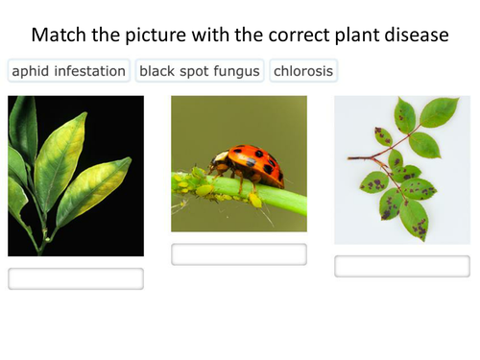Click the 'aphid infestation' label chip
pos(68,71)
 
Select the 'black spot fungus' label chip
pos(200,71)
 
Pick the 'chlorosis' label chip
pos(303,71)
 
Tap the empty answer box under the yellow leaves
pos(76,278)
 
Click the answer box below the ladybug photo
pos(239,254)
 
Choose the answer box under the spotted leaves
pos(402,266)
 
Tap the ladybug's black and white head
pos(220,159)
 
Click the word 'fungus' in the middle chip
pos(237,71)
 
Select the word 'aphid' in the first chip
pos(32,71)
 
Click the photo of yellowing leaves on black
pos(76,176)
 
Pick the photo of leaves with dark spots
pos(402,170)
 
